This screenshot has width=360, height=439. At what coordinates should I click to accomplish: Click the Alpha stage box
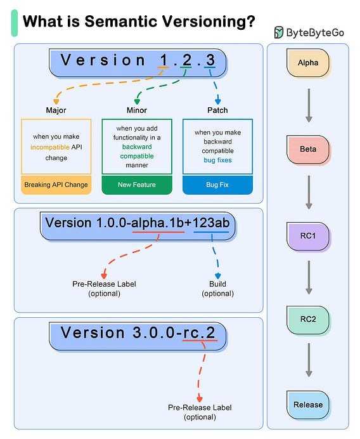pos(308,63)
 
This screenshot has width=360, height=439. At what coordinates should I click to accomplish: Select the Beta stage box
pos(308,150)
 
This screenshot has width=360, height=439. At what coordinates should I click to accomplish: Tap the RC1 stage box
pos(308,236)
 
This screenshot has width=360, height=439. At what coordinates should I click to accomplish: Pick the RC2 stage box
pos(308,320)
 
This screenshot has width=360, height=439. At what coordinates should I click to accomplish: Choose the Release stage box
pos(308,405)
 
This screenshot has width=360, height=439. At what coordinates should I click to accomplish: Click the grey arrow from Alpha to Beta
pos(309,105)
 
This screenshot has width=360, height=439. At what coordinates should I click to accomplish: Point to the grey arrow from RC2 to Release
pos(309,360)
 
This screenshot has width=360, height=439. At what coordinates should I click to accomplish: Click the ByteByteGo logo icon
pos(279,32)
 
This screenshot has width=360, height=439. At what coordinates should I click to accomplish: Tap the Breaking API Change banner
pos(56,185)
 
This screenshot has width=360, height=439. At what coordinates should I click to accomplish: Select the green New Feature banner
pos(137,185)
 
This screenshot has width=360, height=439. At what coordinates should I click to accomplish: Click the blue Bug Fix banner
pos(217,185)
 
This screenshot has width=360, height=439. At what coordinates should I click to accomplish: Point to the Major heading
pos(56,110)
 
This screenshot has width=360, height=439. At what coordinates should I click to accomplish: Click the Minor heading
pos(137,110)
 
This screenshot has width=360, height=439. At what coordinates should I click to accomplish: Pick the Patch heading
pos(217,110)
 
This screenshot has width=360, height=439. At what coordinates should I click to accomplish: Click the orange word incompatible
pos(50,147)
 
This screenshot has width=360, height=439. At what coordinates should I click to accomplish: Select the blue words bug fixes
pos(217,160)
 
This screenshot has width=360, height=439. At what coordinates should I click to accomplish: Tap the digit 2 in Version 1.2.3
pos(187,60)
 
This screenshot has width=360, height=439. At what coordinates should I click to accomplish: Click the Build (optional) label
pos(217,289)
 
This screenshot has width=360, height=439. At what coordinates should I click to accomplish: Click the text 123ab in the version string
pos(211,223)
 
